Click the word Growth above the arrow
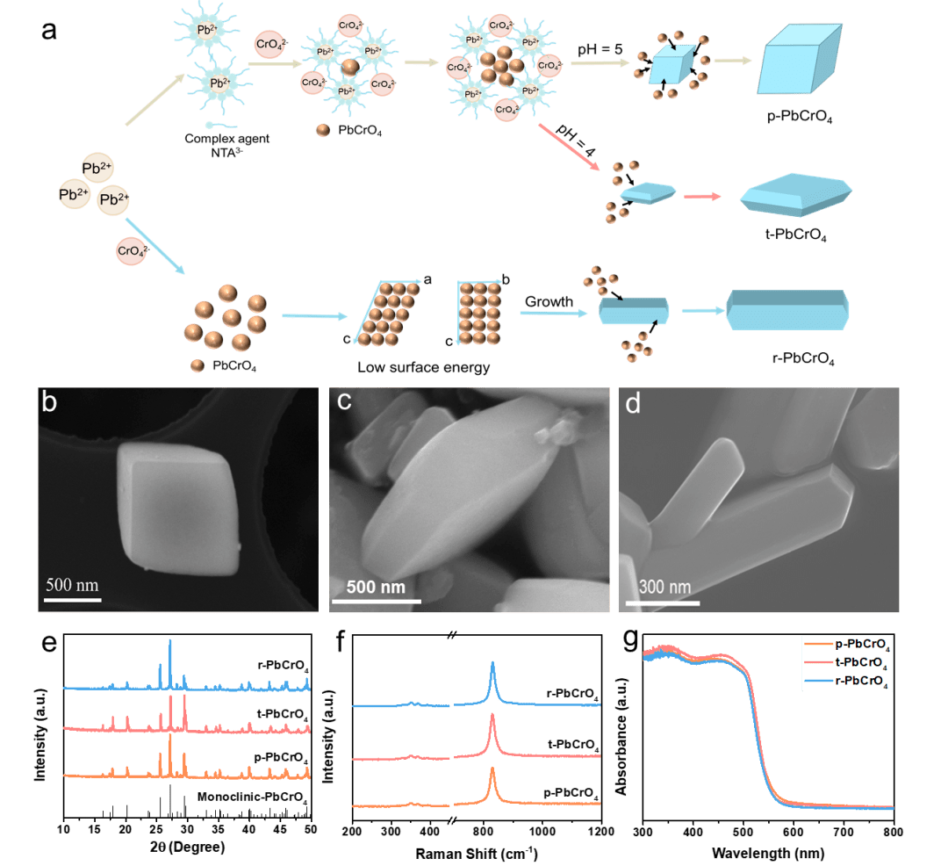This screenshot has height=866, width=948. pyautogui.click(x=549, y=301)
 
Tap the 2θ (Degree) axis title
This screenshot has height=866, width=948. pyautogui.click(x=186, y=848)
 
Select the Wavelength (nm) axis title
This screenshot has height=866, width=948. pyautogui.click(x=769, y=850)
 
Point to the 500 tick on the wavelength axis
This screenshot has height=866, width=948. pyautogui.click(x=743, y=831)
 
